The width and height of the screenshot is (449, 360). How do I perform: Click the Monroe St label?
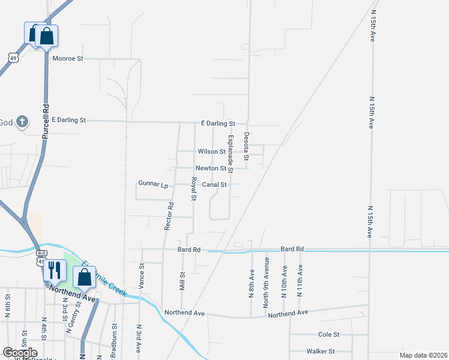(x=67, y=59)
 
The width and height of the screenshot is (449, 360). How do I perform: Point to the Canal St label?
(x=214, y=185)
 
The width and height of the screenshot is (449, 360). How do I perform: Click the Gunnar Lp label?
(x=153, y=185)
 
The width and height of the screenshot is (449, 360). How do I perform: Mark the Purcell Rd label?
(x=46, y=122)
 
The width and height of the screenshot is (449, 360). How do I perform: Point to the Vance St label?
(x=142, y=274)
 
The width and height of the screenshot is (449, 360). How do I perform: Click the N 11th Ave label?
(x=300, y=280)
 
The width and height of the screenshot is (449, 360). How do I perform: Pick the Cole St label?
(x=328, y=334)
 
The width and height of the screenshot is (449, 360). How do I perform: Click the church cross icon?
(x=22, y=122)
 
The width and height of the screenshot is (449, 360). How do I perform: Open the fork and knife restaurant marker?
(x=54, y=271)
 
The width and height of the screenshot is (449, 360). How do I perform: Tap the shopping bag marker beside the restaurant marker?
(x=84, y=278)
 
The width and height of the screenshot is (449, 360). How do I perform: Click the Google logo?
(x=20, y=353)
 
